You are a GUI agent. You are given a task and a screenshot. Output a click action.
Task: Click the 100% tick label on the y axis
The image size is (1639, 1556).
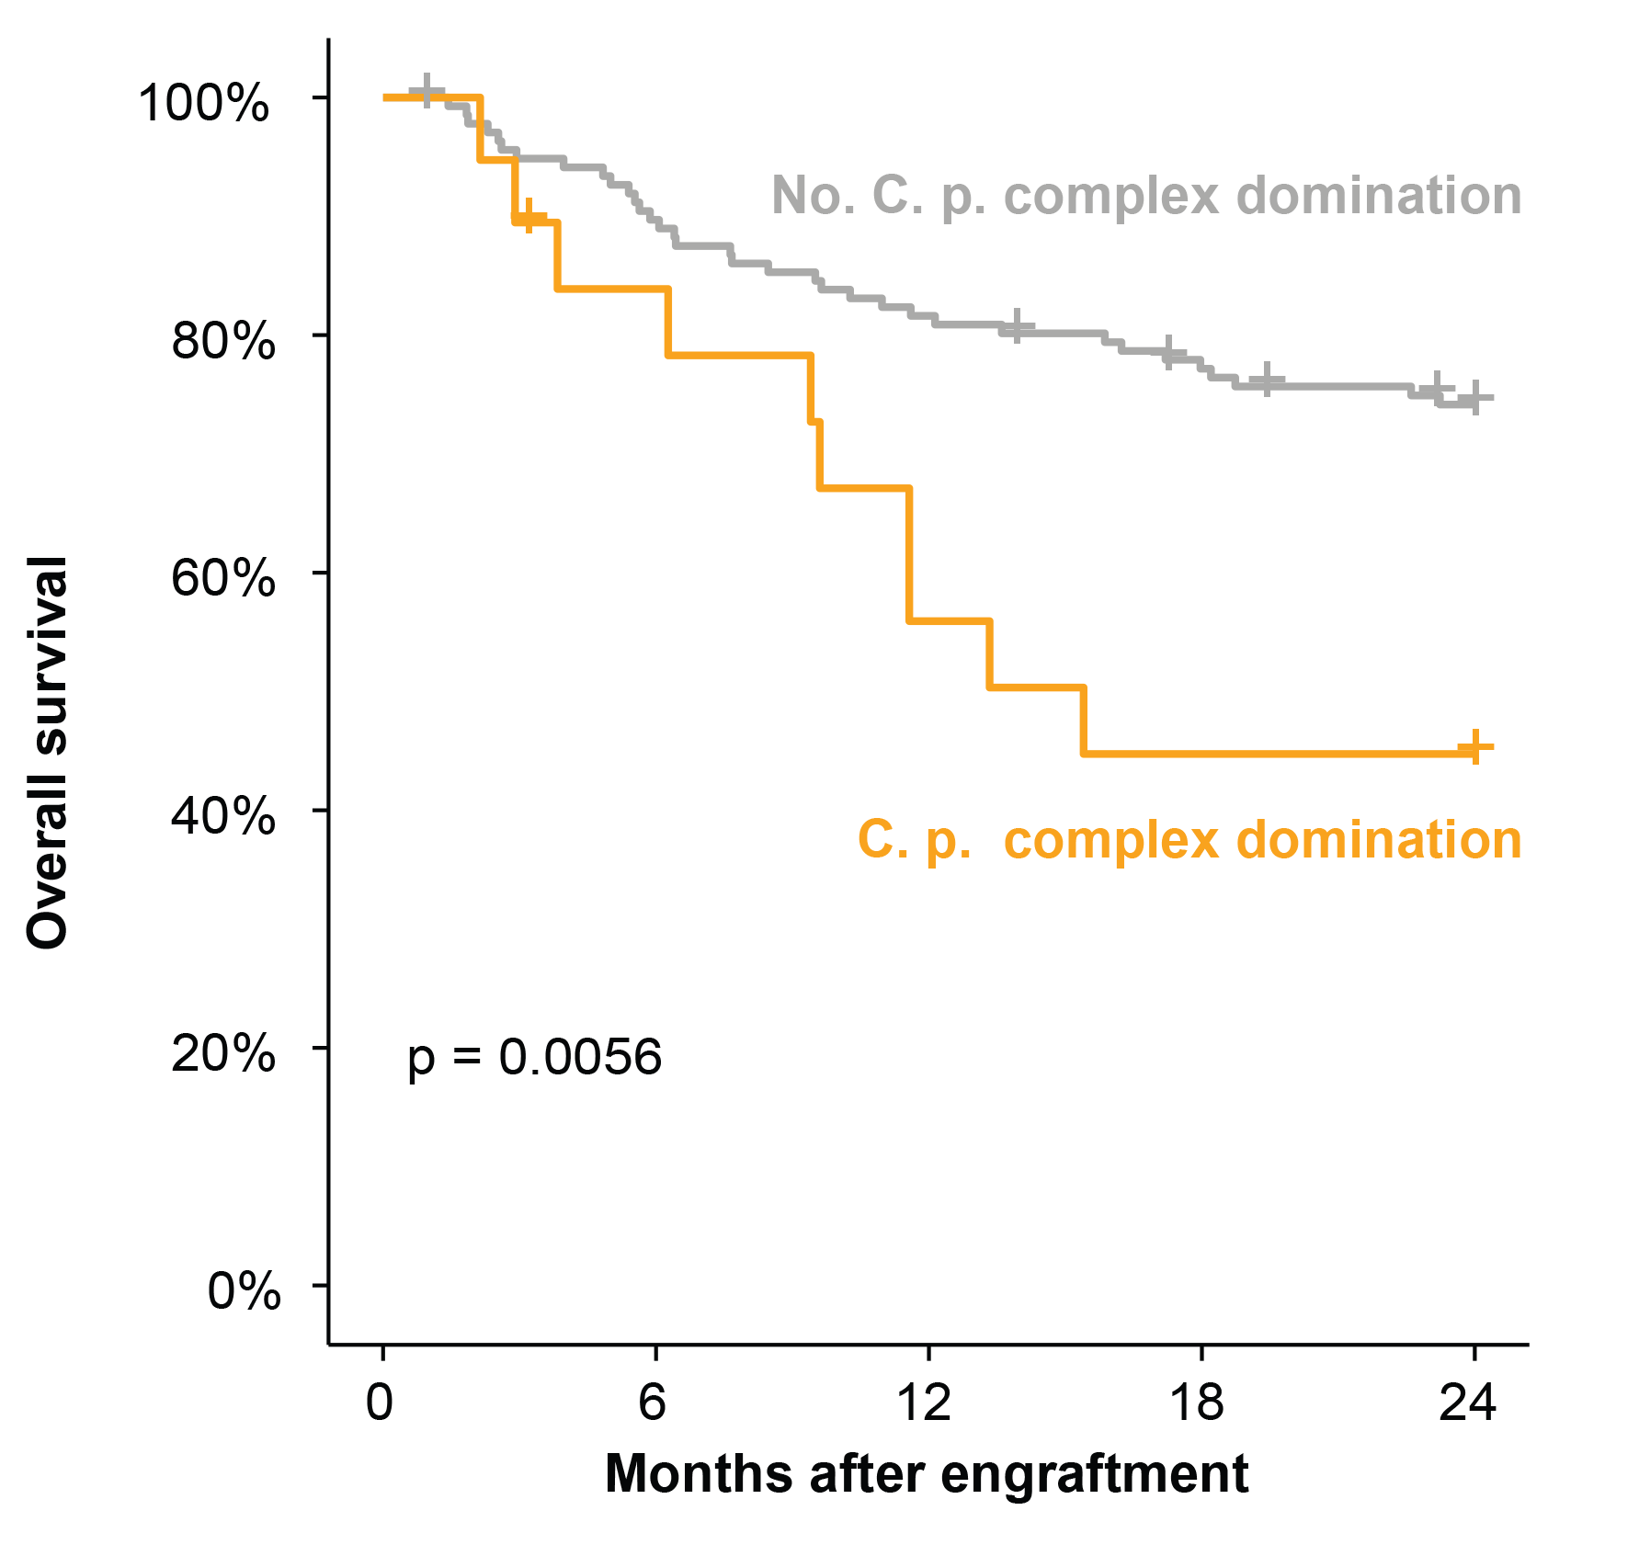point(203,102)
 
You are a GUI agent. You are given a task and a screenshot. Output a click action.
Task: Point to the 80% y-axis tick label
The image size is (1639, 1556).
point(222,340)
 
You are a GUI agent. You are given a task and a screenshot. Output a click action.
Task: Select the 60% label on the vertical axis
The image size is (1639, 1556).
point(222,578)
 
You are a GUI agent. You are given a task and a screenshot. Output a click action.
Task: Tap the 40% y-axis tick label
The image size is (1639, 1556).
point(222,815)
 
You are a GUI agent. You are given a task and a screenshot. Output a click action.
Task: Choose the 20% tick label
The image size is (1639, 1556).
point(222,1053)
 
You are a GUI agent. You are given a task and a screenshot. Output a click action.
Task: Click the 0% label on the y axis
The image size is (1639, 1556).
point(243,1290)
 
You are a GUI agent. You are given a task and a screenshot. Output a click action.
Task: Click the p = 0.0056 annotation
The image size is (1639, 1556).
point(534,1057)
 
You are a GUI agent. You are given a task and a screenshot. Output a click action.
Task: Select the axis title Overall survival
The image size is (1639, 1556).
point(48,752)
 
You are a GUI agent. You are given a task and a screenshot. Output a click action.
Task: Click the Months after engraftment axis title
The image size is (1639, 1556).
point(927,1473)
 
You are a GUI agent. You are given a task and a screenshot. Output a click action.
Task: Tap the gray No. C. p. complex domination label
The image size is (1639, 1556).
point(1146,195)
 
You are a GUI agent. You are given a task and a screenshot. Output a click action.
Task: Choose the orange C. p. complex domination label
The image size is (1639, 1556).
point(1189,839)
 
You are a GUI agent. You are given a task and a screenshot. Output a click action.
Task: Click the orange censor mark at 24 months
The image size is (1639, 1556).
point(1474,747)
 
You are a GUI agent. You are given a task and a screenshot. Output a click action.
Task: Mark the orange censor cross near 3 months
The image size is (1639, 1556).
point(529,217)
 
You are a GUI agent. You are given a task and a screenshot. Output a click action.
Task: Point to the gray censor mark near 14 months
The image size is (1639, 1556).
point(1016,326)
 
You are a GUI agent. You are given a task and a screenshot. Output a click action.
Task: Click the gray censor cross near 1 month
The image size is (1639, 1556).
point(427,91)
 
